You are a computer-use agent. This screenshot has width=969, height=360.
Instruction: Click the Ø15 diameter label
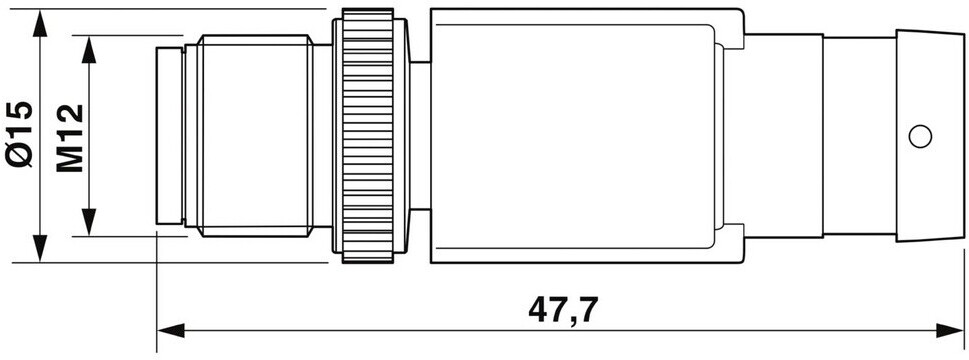coord(18,134)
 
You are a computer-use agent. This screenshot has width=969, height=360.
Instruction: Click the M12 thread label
coord(69,138)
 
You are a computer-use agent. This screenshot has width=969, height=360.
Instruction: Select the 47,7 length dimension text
coord(564,311)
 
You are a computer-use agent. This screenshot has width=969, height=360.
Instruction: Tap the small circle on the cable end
coord(920,136)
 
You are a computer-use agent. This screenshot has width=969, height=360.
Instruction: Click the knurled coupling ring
coord(368,136)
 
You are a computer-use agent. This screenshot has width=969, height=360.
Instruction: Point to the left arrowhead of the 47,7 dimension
coord(171,330)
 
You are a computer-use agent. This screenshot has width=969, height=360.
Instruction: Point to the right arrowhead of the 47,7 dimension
coord(949,330)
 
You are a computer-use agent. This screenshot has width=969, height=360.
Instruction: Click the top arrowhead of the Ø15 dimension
coord(40,23)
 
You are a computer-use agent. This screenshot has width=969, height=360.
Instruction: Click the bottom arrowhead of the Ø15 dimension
coord(40,248)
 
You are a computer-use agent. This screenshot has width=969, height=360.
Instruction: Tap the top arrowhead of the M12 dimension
coord(90,49)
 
